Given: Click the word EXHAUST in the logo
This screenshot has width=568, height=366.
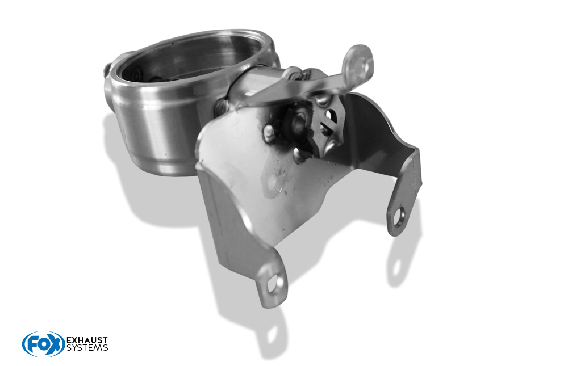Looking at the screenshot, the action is pyautogui.click(x=87, y=340).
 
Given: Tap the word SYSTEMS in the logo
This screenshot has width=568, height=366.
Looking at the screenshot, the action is pyautogui.click(x=87, y=347).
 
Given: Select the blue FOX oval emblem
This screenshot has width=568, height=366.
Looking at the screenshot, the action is pyautogui.click(x=44, y=344).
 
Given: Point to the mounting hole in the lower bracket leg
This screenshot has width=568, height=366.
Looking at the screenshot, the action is pyautogui.click(x=272, y=284).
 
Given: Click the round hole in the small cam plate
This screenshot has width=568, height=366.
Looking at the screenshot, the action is pyautogui.click(x=328, y=115).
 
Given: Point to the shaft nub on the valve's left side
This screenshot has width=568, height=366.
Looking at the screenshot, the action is pyautogui.click(x=107, y=70).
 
